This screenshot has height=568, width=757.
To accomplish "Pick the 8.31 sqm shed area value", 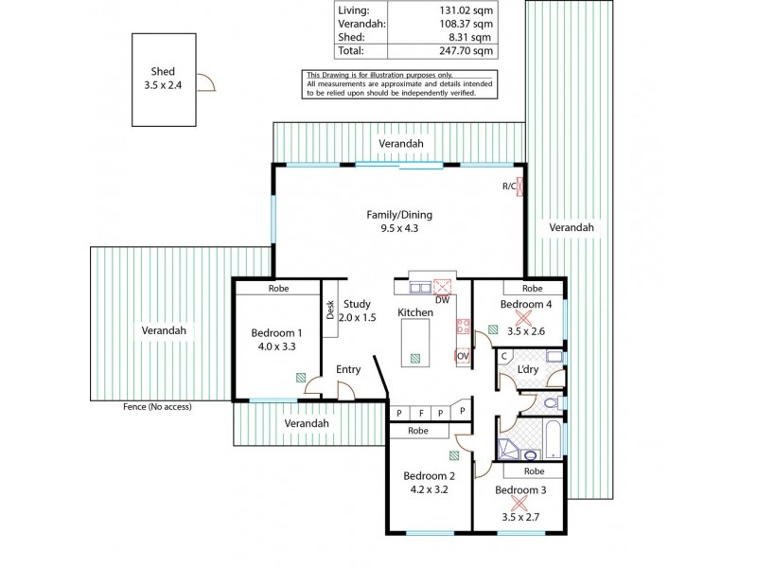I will [470, 37].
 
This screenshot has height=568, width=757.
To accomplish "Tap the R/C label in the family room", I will [508, 186].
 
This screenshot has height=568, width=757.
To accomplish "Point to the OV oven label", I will [463, 356].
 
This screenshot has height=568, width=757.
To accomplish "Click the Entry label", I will [348, 370].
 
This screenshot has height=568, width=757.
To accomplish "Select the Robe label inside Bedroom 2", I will [418, 431].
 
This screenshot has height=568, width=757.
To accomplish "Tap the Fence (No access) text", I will [157, 406].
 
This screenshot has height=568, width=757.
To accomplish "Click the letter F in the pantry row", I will [420, 413].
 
